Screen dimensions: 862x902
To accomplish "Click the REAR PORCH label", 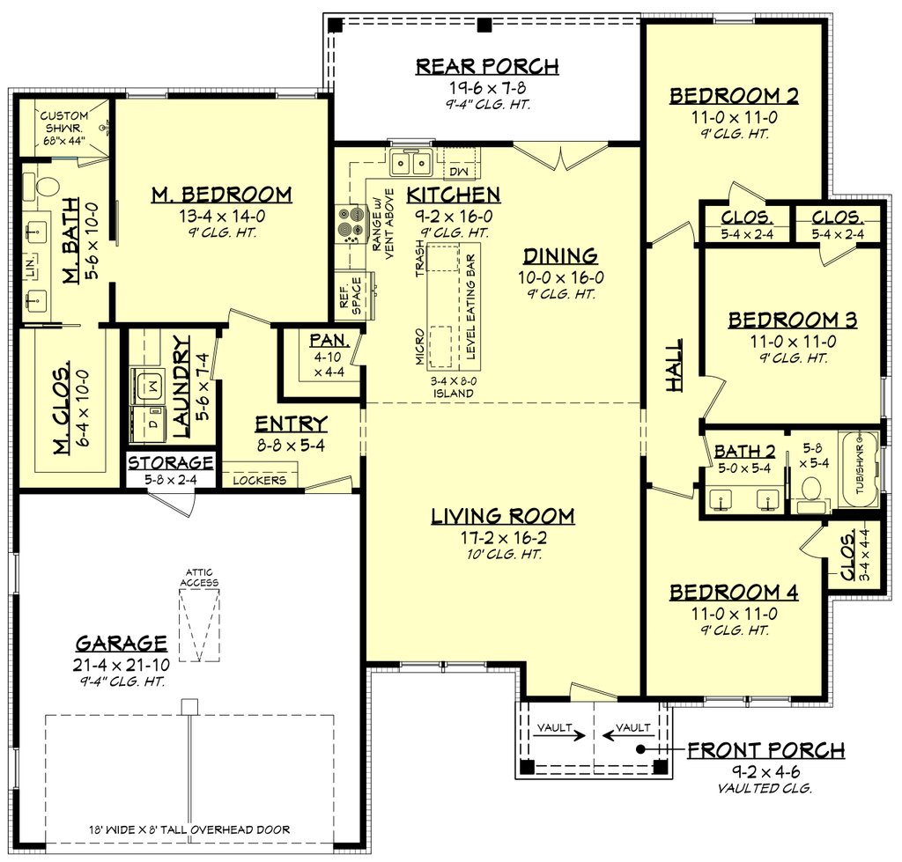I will (x=486, y=66).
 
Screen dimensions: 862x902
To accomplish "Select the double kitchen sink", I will (x=410, y=163).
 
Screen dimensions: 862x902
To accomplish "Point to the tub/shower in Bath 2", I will (x=859, y=469).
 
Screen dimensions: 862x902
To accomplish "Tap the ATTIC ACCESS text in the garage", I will (x=199, y=577).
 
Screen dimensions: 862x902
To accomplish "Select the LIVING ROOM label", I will (x=502, y=516).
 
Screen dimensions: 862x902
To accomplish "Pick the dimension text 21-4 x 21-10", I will (x=121, y=662).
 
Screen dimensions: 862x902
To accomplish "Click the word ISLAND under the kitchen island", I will (x=455, y=393).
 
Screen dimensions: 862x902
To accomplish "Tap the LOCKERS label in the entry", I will (x=259, y=480).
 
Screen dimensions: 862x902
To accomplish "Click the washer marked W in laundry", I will (x=149, y=384).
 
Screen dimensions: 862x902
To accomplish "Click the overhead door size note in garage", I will (x=189, y=829).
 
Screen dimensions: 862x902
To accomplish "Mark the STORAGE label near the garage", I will (x=172, y=463).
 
